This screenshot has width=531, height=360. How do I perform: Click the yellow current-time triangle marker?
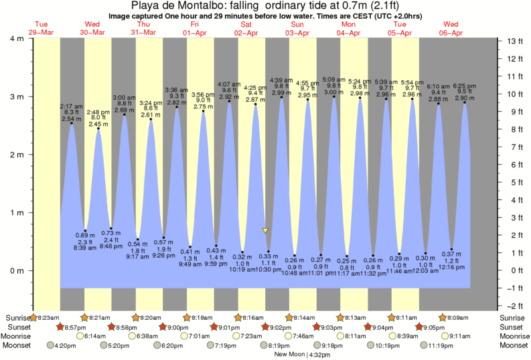tap(265, 230)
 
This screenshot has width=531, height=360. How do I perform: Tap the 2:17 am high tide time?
tap(70, 106)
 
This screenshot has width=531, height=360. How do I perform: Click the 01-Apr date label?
tap(194, 32)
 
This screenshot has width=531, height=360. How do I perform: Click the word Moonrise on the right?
tap(513, 336)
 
